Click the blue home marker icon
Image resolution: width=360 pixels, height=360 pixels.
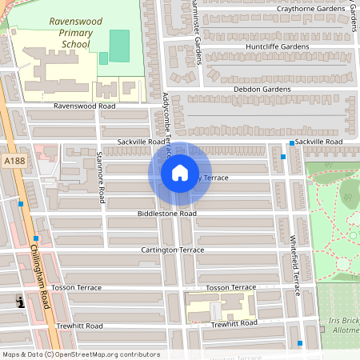180,173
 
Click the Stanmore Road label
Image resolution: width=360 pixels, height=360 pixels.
100,176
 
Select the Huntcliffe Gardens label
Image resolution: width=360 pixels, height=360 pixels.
255,47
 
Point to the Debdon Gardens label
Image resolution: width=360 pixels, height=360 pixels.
262,89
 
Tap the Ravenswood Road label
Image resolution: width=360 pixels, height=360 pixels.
85,106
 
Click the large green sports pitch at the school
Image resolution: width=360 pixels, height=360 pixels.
118,46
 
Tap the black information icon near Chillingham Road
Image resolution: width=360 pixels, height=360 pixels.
20,302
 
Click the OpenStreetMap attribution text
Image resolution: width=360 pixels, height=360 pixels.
81,354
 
